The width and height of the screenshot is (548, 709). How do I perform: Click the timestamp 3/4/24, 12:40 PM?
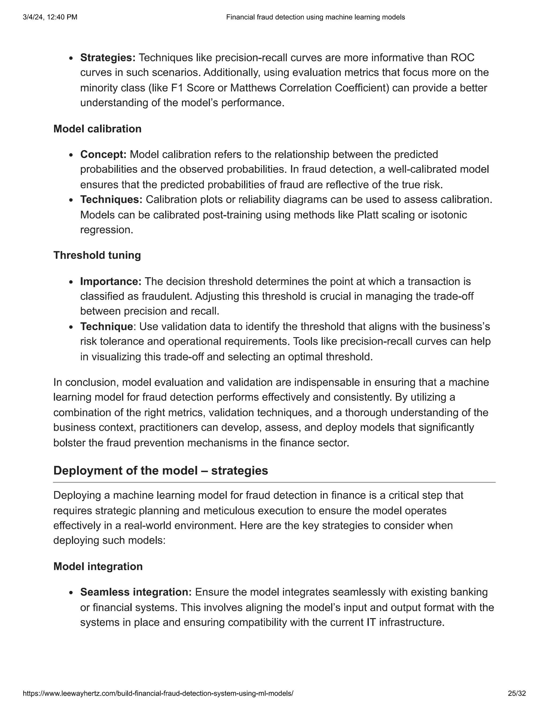50,17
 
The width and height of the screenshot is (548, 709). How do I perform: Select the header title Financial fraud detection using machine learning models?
315,17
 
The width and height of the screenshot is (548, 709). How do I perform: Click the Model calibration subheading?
97,129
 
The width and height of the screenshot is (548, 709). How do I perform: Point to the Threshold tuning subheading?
97,255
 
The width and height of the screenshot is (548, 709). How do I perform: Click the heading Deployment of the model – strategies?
160,470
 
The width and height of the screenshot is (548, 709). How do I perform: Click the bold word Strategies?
108,58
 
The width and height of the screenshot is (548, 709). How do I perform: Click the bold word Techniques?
111,199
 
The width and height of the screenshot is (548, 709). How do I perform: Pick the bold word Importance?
111,281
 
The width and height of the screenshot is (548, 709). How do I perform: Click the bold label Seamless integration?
136,592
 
